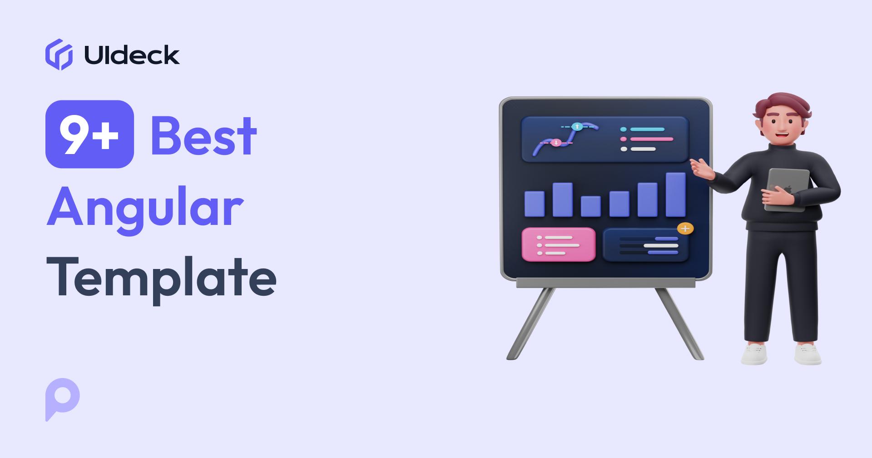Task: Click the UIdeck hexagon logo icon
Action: tap(59, 55)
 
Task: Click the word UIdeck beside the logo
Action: tap(132, 55)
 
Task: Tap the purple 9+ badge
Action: tap(89, 134)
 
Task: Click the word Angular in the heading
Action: tap(144, 207)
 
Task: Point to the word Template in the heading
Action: tap(161, 277)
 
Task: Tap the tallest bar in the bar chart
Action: tap(675, 194)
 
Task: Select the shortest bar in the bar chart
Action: tap(590, 206)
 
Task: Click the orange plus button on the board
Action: tap(685, 229)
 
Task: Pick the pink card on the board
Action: tap(558, 244)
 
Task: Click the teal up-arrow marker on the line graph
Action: tap(577, 127)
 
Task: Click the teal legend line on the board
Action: tap(647, 129)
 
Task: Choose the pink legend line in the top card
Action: tap(652, 139)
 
